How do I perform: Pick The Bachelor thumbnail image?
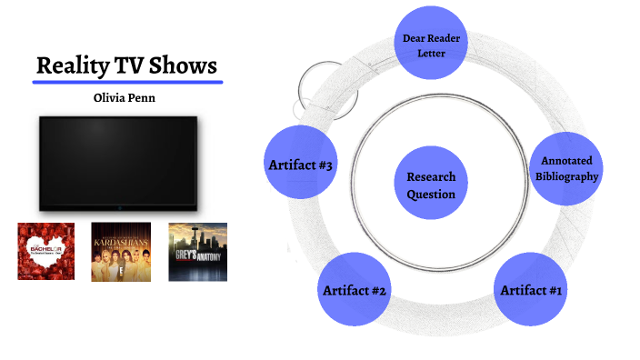click(x=45, y=251)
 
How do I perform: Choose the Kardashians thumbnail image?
click(x=121, y=251)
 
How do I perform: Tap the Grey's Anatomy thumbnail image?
click(x=197, y=251)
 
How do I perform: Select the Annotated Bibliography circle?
click(x=565, y=169)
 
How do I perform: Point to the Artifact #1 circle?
click(x=531, y=290)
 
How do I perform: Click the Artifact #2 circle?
click(x=355, y=290)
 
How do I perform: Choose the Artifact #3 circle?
click(x=299, y=165)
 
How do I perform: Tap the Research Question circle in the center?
click(x=431, y=185)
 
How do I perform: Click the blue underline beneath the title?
click(x=127, y=82)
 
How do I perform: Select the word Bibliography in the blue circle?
click(x=565, y=176)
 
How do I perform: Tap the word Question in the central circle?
click(x=431, y=194)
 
